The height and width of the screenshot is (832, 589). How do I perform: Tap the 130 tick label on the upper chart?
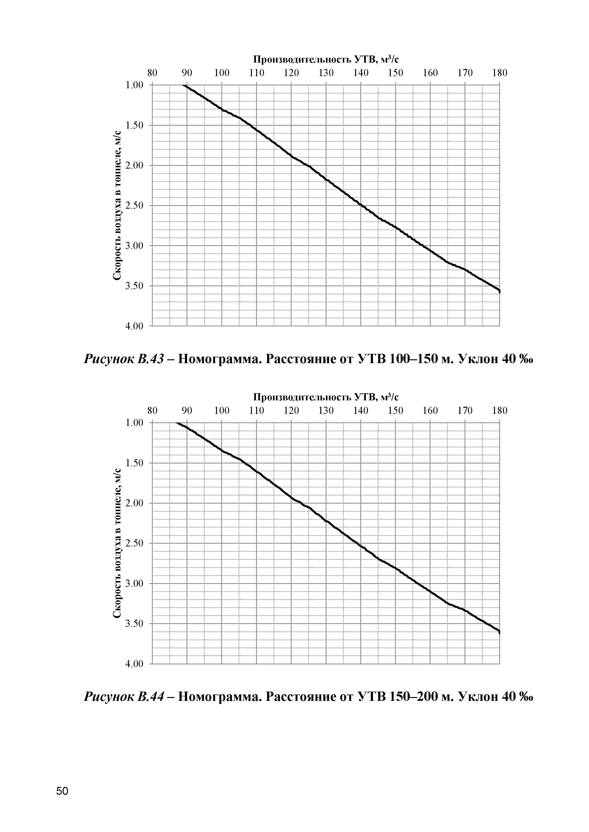pyautogui.click(x=326, y=73)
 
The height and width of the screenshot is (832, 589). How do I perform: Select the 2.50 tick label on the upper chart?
pyautogui.click(x=134, y=205)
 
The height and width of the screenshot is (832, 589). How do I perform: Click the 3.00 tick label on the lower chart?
pyautogui.click(x=134, y=583)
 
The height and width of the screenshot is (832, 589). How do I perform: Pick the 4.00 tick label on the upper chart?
pyautogui.click(x=134, y=327)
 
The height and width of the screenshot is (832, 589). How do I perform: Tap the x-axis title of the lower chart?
pyautogui.click(x=326, y=397)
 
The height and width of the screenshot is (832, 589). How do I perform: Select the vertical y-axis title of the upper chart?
pyautogui.click(x=117, y=205)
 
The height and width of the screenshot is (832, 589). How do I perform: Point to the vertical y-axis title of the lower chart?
pyautogui.click(x=117, y=544)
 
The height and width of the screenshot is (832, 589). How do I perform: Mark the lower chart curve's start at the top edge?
pyautogui.click(x=177, y=423)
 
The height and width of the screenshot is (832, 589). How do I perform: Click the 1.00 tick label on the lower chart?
pyautogui.click(x=134, y=423)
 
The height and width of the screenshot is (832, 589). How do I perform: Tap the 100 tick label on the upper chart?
pyautogui.click(x=221, y=73)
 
